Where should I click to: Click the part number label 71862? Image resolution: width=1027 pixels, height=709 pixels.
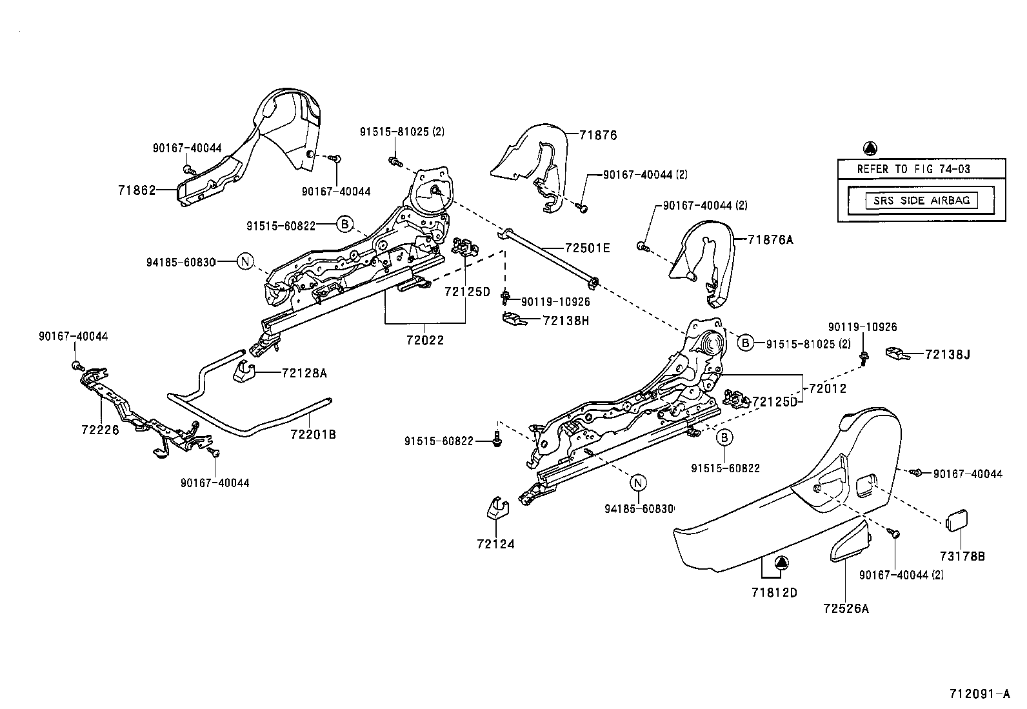click(x=137, y=190)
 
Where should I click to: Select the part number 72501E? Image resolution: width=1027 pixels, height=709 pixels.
click(x=587, y=248)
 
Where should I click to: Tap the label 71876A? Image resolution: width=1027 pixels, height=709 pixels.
click(x=770, y=240)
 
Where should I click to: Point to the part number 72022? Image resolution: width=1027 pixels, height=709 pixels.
click(x=425, y=340)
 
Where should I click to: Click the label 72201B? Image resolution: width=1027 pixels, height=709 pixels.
click(x=313, y=434)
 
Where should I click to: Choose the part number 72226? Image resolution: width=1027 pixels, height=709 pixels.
click(x=100, y=429)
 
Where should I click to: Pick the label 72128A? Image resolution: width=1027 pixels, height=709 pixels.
click(x=304, y=373)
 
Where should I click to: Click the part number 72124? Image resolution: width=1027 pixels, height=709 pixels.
click(x=496, y=544)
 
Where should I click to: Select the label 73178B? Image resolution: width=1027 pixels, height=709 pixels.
click(x=962, y=555)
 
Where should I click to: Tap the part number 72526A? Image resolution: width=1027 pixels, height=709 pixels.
click(x=846, y=608)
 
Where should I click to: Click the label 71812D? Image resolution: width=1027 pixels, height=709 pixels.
click(x=774, y=592)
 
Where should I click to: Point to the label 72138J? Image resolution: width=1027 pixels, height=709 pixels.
click(x=948, y=354)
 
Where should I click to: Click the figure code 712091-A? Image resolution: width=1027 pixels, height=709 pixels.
click(x=979, y=694)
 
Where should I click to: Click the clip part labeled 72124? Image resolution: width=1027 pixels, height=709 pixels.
click(x=495, y=508)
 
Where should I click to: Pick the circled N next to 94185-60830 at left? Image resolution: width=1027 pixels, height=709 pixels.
click(x=244, y=261)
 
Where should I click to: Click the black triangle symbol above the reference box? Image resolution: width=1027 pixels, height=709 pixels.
click(x=870, y=148)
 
